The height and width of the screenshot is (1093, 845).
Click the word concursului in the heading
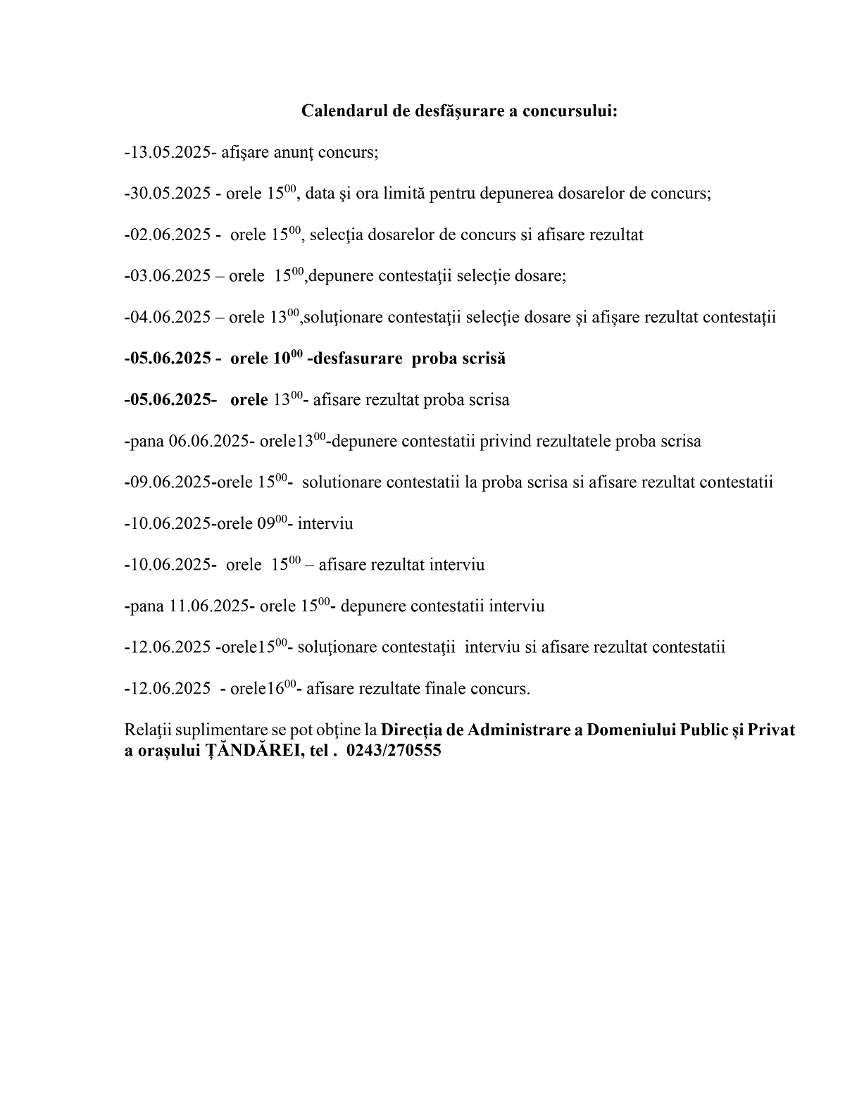coord(570,111)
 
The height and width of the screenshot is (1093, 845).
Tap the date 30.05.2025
coord(170,194)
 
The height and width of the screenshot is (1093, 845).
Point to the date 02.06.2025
coord(170,235)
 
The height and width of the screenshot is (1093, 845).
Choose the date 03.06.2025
coord(170,276)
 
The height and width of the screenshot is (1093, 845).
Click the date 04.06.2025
coord(170,318)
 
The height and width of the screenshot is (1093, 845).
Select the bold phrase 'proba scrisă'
coord(458,358)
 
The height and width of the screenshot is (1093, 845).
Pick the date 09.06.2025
coord(170,482)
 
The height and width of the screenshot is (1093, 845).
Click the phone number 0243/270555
coord(394,751)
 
